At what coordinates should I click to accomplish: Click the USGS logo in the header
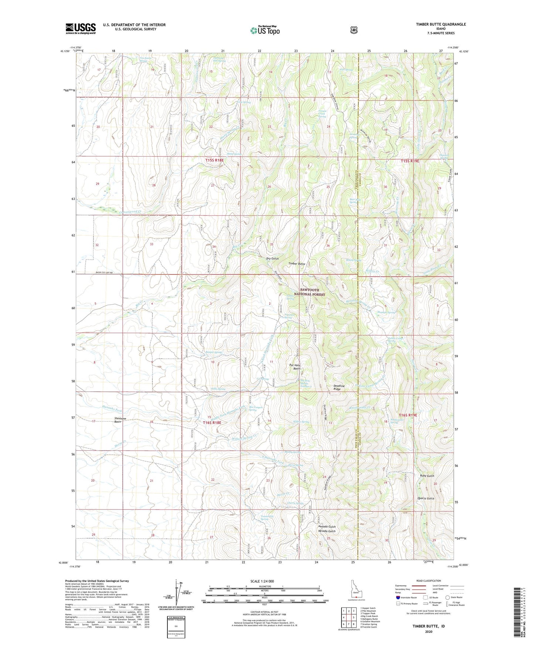tap(81, 28)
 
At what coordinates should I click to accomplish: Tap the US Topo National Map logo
tap(265, 30)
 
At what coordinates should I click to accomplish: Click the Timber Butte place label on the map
tap(297, 264)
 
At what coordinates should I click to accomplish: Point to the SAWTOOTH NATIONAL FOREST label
tap(312, 292)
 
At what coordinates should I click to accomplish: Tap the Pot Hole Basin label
tap(295, 366)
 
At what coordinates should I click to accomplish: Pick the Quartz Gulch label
tap(426, 498)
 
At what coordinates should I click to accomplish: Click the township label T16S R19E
tap(408, 415)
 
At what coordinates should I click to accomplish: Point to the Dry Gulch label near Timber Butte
tap(272, 259)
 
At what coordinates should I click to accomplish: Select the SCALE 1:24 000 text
tap(262, 581)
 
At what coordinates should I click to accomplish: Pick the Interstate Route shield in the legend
tap(398, 597)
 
